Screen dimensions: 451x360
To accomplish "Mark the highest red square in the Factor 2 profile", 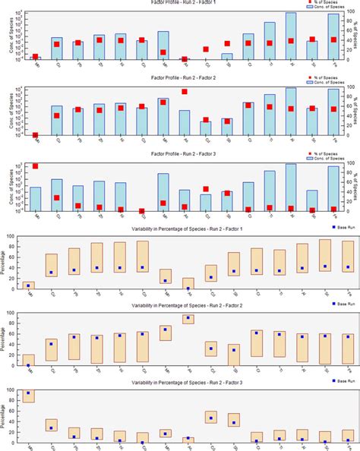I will (x=185, y=91).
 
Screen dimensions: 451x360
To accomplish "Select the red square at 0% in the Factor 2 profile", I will (x=35, y=135).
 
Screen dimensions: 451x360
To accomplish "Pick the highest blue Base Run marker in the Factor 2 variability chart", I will (x=187, y=318).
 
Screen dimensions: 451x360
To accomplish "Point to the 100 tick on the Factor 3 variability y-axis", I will (x=14, y=389).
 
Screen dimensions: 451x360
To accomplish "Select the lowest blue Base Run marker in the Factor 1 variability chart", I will (x=187, y=289).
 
